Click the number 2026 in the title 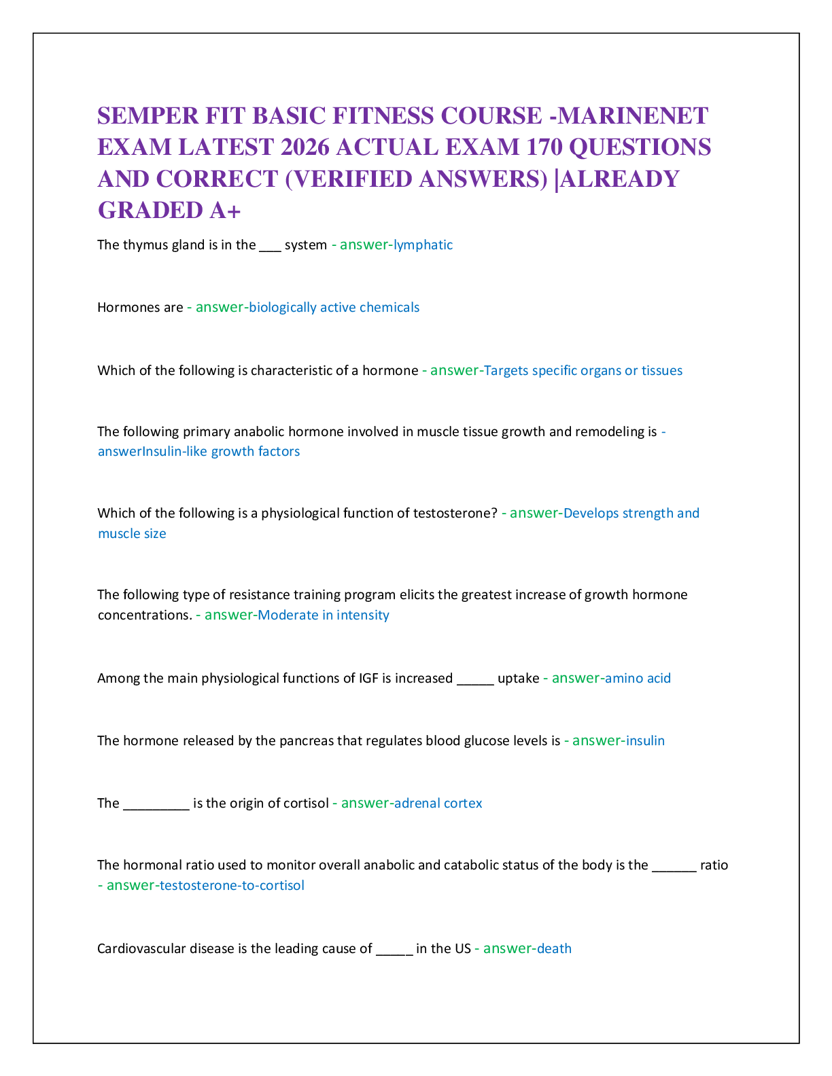pos(305,147)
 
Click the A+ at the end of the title pos(224,210)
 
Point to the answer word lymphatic pos(423,245)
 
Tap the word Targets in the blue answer pos(506,371)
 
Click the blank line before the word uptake pos(475,684)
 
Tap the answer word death pos(554,949)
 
